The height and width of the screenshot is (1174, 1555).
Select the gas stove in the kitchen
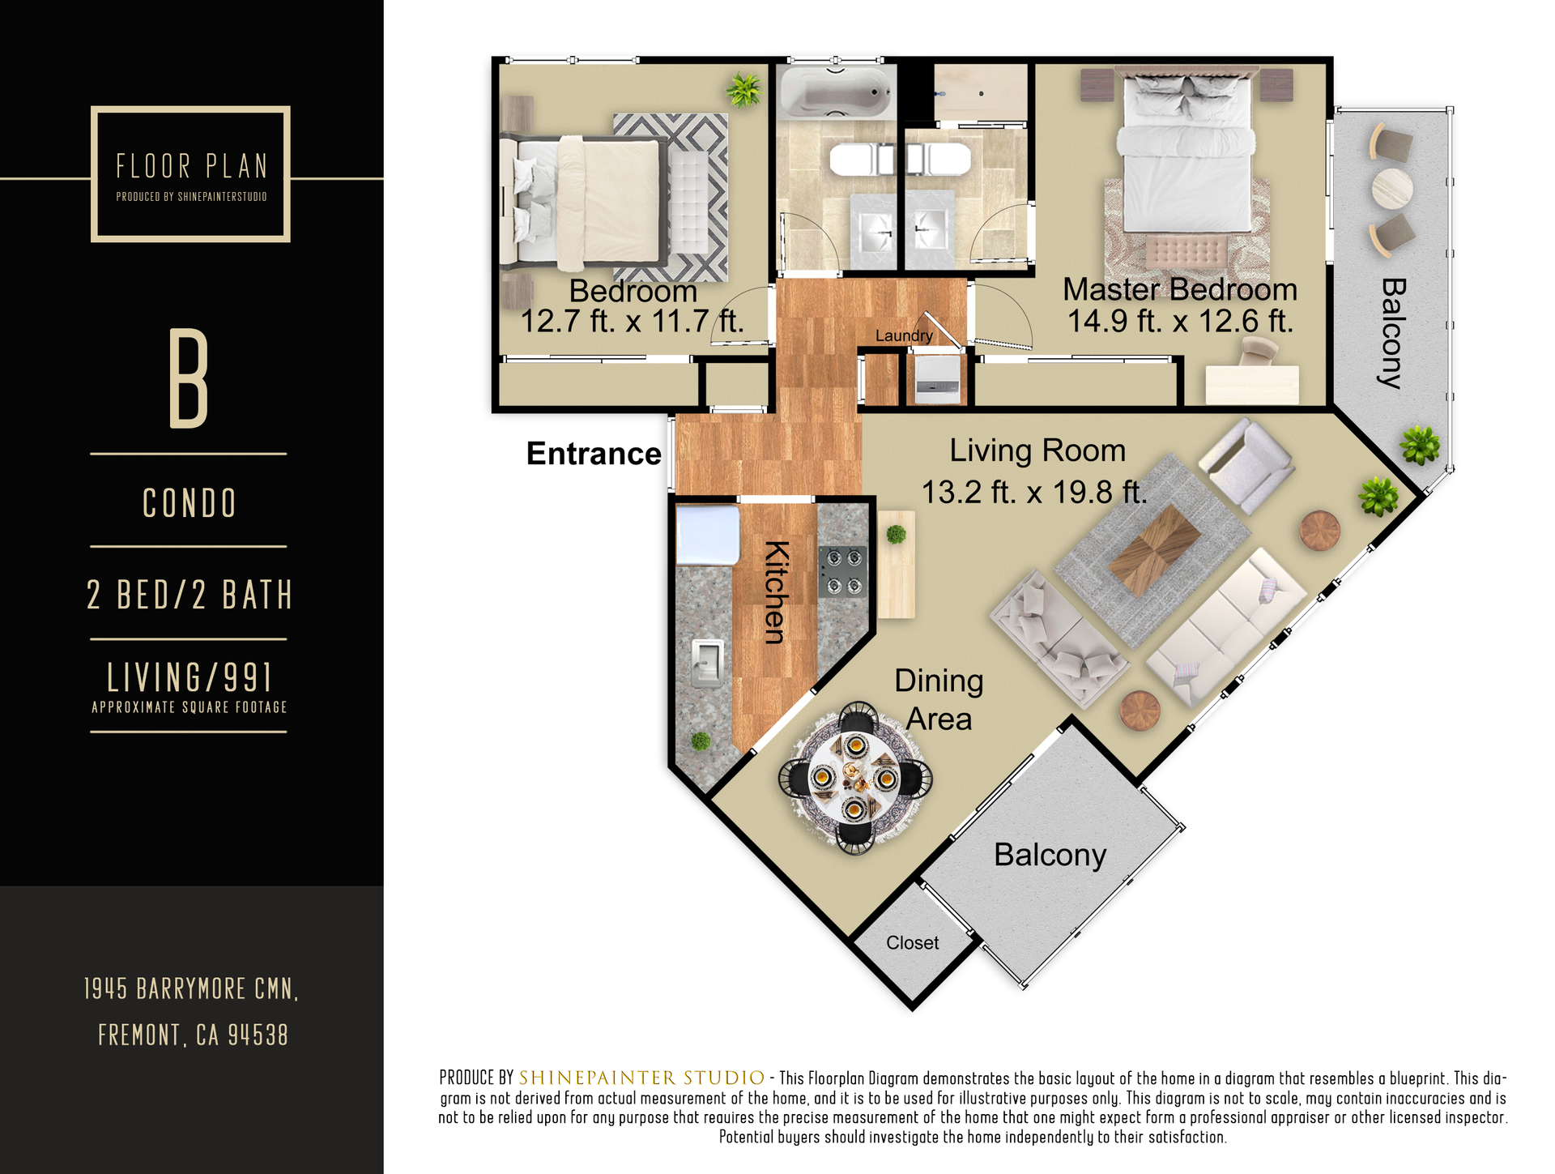[x=843, y=571]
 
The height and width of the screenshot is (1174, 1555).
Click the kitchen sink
[x=707, y=662]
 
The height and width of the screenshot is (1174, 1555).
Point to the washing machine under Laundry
[x=937, y=378]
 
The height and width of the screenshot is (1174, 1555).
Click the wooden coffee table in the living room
[x=1154, y=550]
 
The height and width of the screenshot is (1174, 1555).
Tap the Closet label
[x=913, y=942]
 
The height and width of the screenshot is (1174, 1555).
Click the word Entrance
[x=594, y=454]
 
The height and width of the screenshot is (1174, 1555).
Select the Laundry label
[x=904, y=335]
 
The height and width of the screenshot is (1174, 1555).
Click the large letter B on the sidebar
[x=189, y=378]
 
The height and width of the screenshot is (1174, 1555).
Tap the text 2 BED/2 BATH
[x=189, y=595]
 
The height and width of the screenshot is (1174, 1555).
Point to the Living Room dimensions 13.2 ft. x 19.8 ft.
[x=1034, y=492]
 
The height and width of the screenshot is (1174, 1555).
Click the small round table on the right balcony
[x=1392, y=187]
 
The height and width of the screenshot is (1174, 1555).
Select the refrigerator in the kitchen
[x=708, y=534]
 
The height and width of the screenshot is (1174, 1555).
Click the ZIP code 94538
[x=258, y=1035]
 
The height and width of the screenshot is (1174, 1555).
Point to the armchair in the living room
[x=1246, y=465]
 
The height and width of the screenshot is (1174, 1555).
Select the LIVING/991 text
[x=189, y=677]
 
